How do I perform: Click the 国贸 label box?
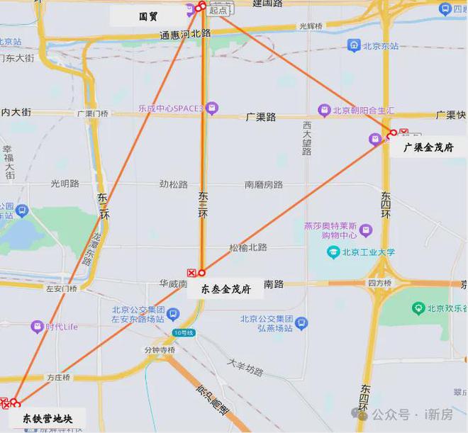[147, 16]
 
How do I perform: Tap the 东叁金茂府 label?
[225, 288]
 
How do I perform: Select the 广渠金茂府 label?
[428, 147]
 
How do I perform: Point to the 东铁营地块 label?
[48, 418]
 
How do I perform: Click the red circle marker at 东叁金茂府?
[201, 272]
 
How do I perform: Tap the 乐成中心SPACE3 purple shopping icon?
[212, 108]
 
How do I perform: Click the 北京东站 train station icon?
[353, 46]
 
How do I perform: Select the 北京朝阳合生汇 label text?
[358, 109]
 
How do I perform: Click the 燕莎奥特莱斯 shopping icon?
[366, 230]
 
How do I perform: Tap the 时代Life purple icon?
[36, 327]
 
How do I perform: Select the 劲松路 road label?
[173, 184]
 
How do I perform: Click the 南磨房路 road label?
[264, 184]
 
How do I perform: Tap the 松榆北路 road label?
[247, 247]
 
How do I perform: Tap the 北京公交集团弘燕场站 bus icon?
[302, 323]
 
